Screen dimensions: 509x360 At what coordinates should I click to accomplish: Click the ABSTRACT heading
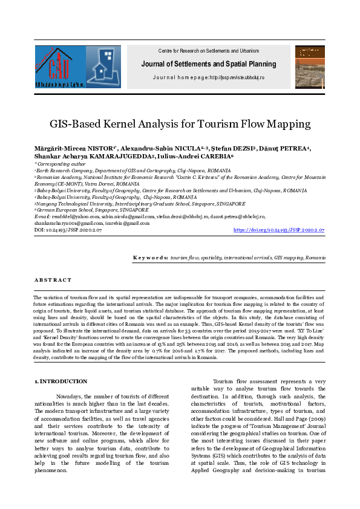coord(53,280)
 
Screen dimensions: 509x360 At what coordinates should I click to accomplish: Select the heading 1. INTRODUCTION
coord(61,381)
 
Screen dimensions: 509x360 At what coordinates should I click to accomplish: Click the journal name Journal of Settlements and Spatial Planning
coord(209,64)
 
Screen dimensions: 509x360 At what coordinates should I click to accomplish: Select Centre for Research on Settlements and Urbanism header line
coord(208,50)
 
